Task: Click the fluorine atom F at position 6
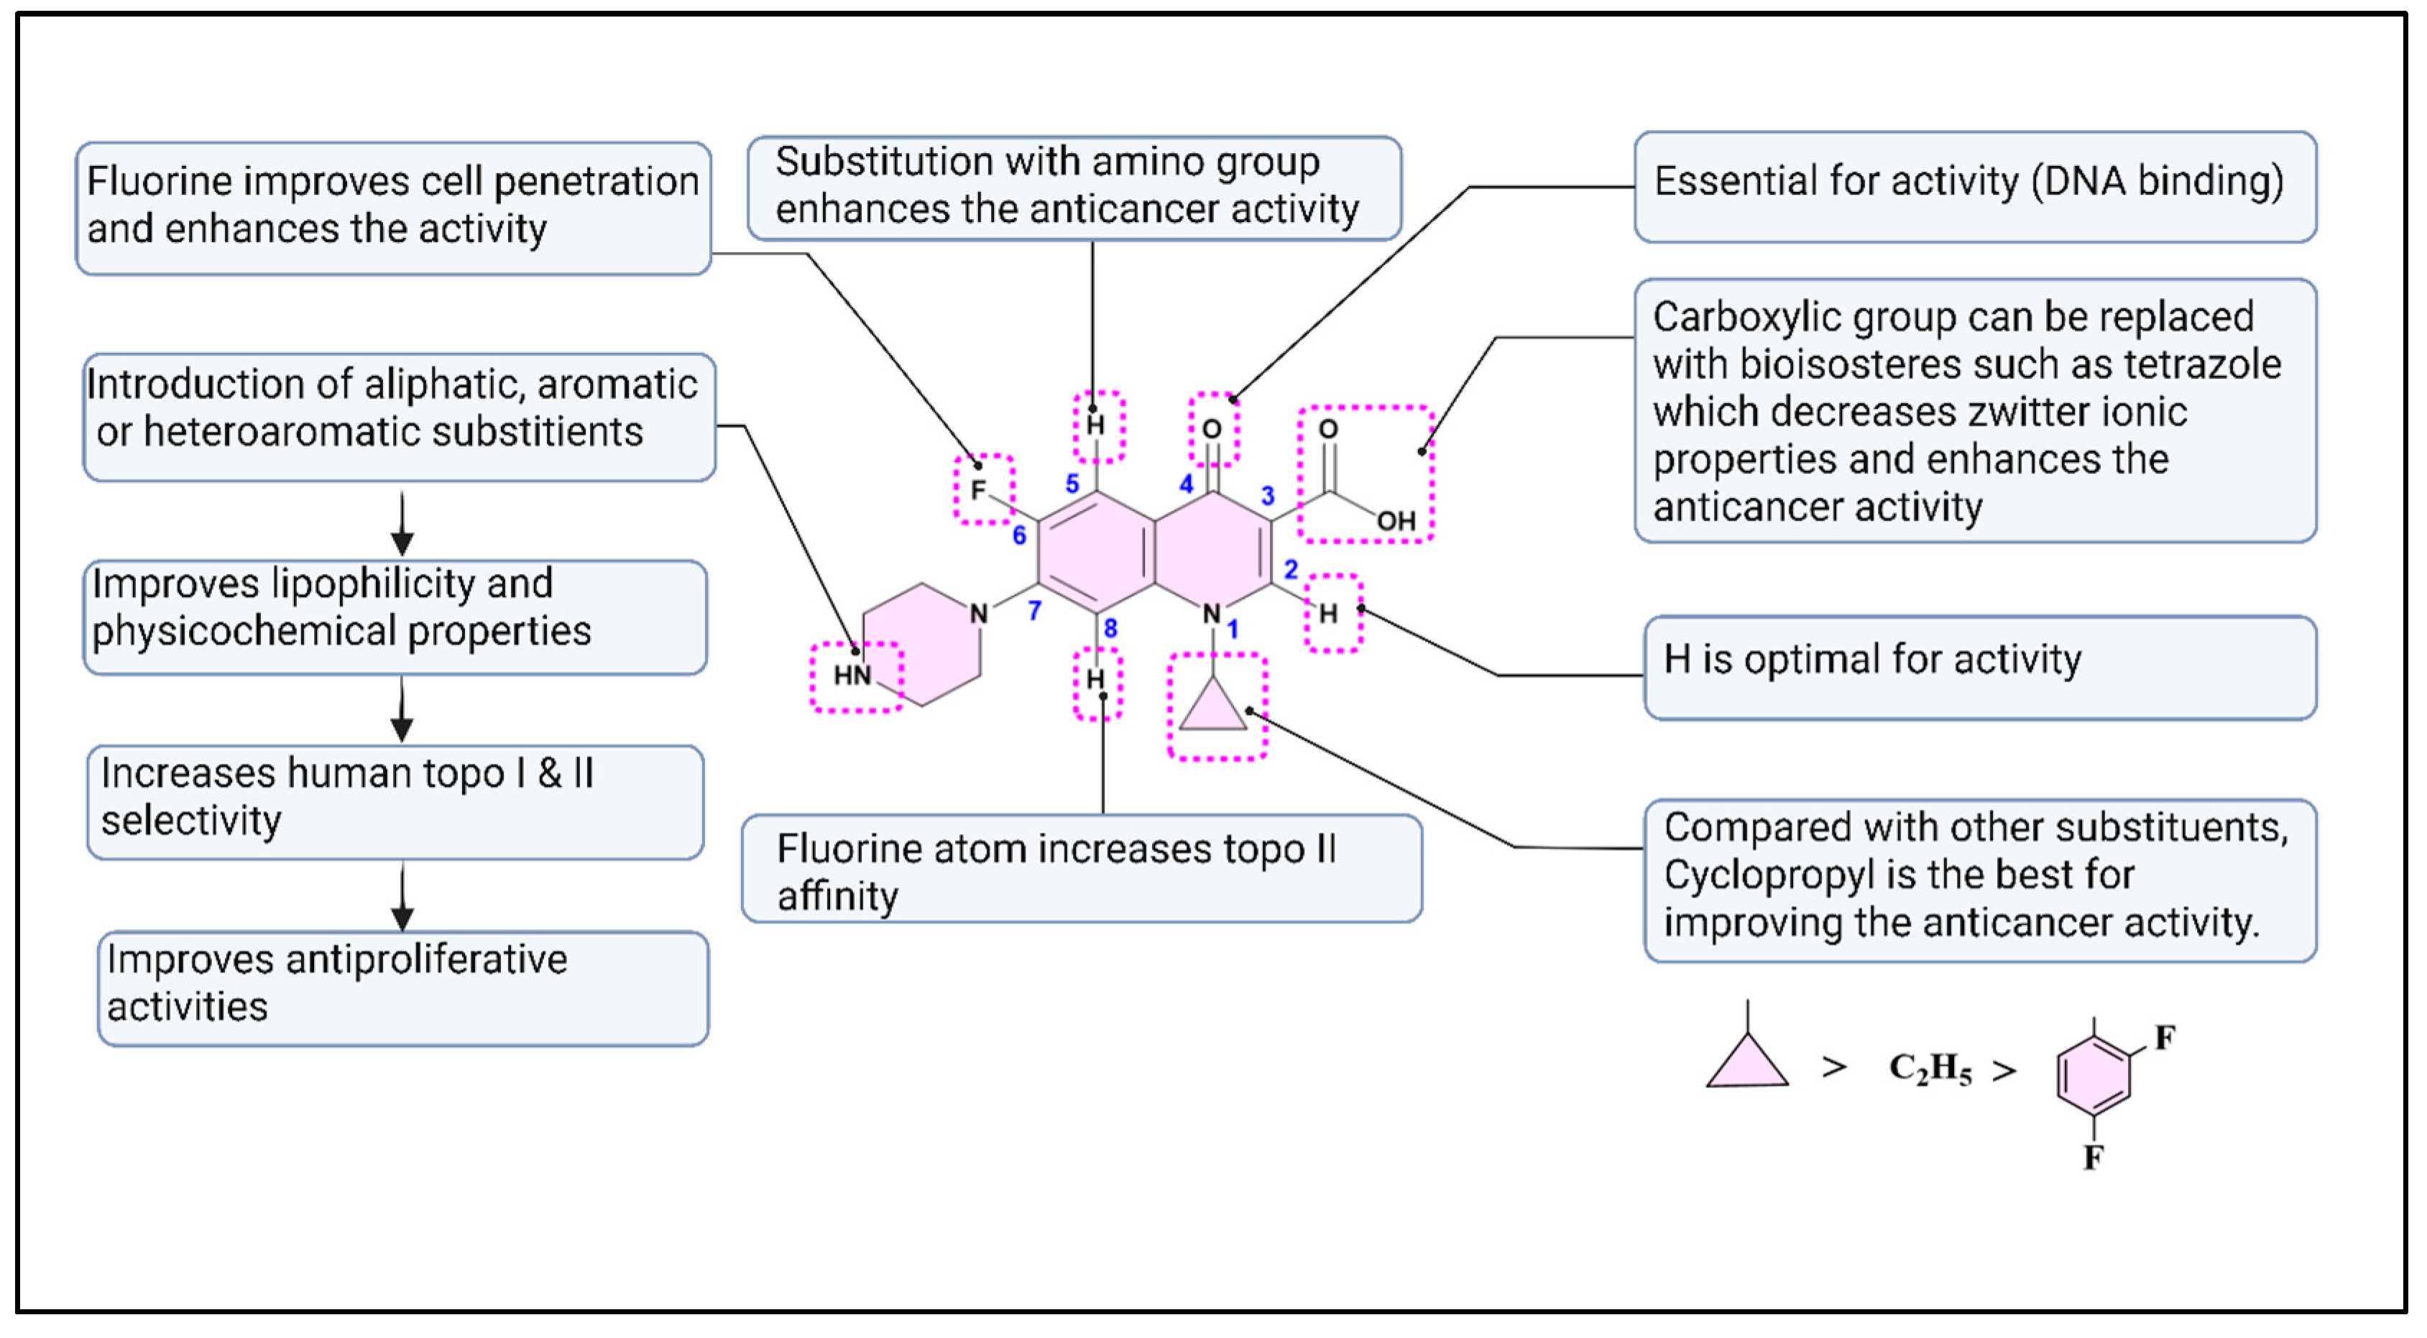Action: coord(978,490)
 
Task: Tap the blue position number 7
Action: coord(1034,611)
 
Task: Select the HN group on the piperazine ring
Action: coord(852,675)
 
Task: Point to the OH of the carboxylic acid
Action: coord(1396,521)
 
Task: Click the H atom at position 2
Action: coord(1328,614)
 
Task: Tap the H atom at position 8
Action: coord(1095,679)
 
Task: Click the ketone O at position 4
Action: coord(1212,430)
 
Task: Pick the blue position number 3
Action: coord(1268,496)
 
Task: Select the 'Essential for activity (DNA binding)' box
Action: coord(1975,187)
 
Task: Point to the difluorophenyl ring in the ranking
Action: coord(2094,1075)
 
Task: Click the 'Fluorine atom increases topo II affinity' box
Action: coord(1082,869)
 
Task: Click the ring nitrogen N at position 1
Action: coord(1212,614)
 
